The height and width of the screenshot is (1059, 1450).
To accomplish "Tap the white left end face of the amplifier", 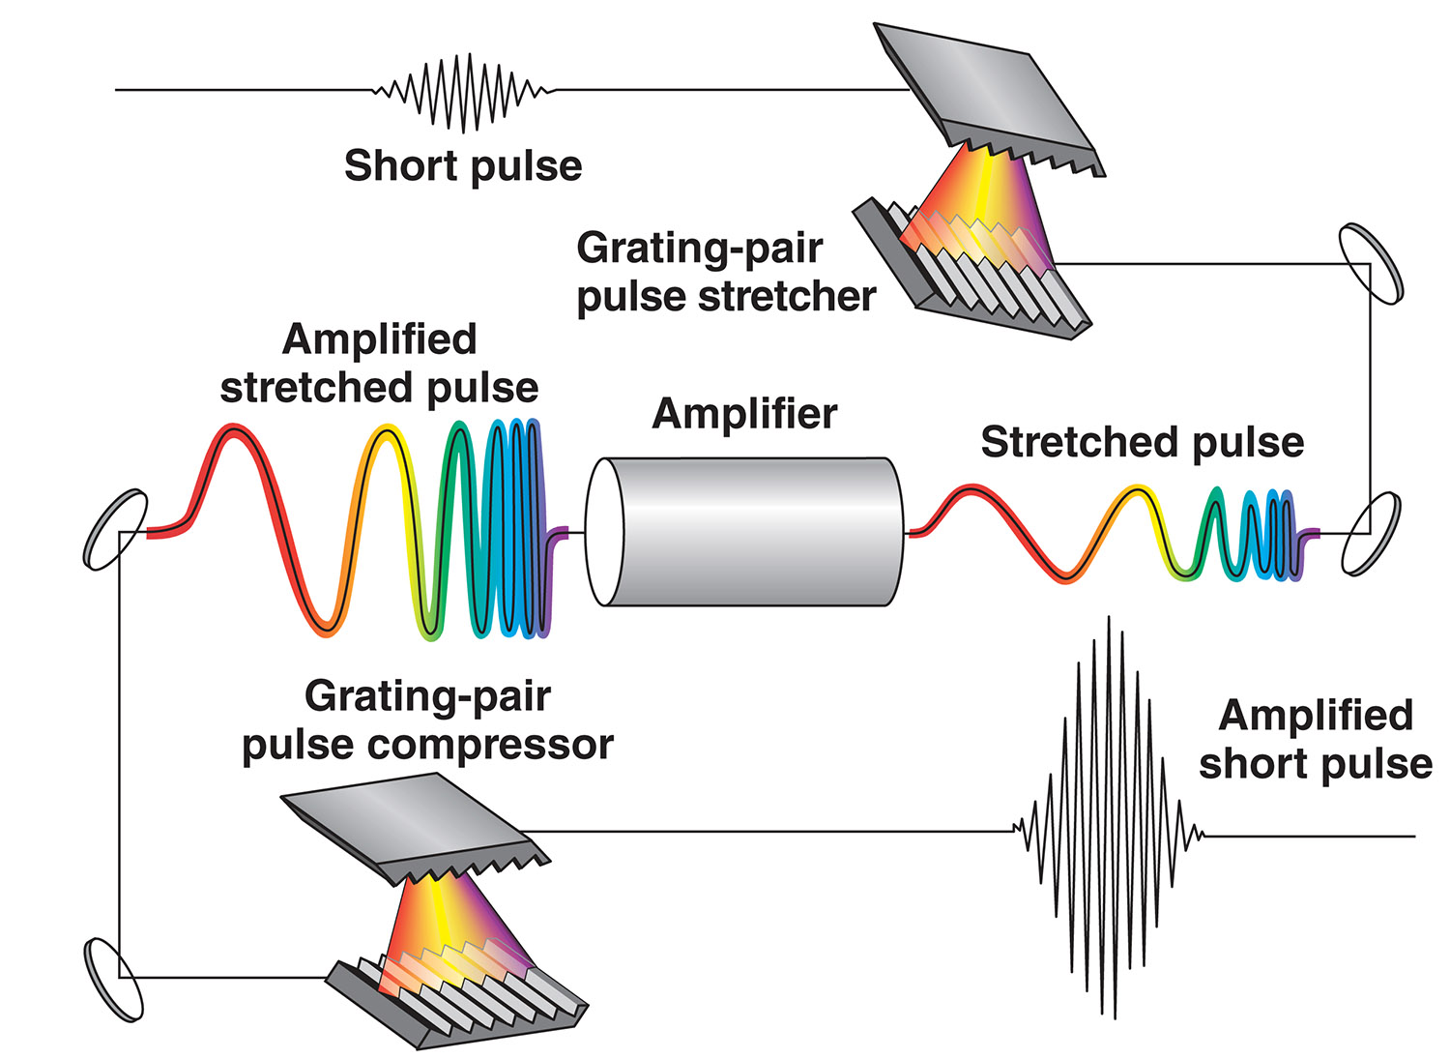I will (x=603, y=532).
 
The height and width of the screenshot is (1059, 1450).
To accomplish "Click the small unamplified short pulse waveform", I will (x=464, y=92).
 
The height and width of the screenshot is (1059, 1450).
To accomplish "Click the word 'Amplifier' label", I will (x=744, y=414).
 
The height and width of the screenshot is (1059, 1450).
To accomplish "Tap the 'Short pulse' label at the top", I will (x=463, y=166).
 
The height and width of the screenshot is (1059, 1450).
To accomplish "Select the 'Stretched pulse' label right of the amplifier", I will (x=1142, y=442).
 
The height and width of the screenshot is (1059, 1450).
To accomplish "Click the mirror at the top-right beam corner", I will (x=1370, y=263).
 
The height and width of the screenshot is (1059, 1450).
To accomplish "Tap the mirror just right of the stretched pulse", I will (x=1370, y=533).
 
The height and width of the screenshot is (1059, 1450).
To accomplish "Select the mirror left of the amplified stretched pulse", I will (x=116, y=529).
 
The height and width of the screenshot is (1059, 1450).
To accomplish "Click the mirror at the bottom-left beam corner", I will (x=114, y=979).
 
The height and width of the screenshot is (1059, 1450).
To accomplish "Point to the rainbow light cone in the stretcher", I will (x=976, y=193).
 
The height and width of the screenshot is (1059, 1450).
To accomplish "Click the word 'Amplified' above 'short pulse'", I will (x=1316, y=716).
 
